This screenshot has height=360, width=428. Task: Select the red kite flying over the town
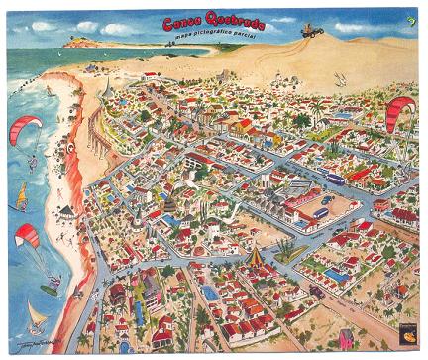coord(399,108)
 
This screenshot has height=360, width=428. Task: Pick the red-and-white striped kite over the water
coord(27,236)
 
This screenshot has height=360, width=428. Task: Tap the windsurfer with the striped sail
coord(20,197)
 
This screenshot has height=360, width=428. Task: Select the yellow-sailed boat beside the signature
coord(37,317)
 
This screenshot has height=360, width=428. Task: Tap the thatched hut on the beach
coord(67,211)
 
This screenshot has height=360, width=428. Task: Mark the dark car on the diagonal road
coord(315,290)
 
